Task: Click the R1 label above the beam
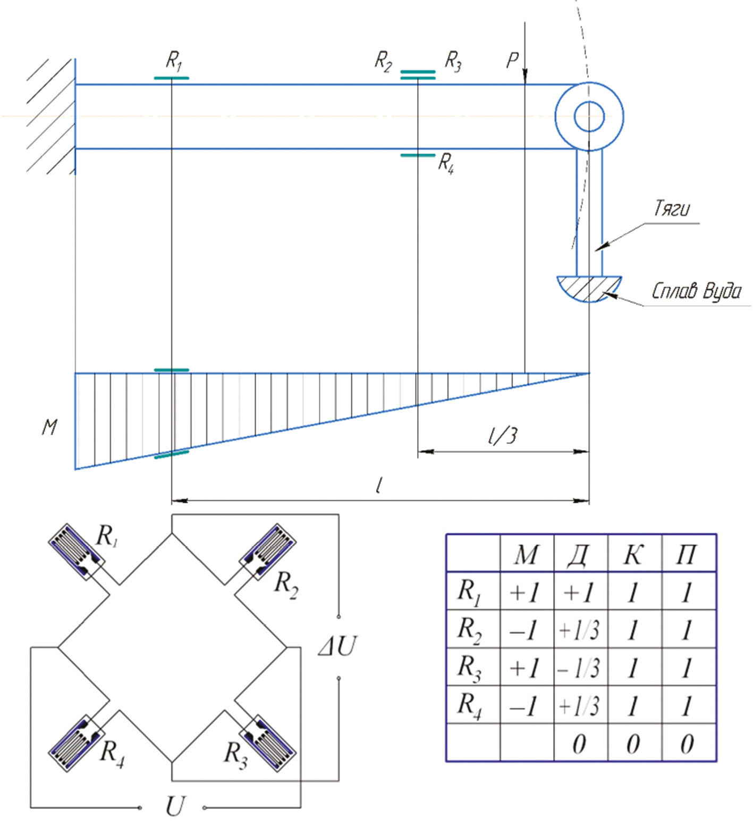(x=174, y=61)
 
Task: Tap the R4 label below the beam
(x=446, y=164)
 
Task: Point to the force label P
(x=512, y=60)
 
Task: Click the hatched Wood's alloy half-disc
(x=589, y=288)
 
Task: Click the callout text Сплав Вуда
(x=696, y=291)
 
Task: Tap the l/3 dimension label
(x=502, y=436)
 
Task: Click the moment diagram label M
(x=49, y=427)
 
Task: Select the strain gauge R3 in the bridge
(x=268, y=743)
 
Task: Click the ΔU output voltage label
(x=337, y=646)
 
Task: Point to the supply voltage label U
(x=175, y=806)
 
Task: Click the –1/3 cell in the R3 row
(x=579, y=668)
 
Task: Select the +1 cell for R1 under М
(x=525, y=592)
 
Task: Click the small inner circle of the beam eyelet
(x=589, y=116)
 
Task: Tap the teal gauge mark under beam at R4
(x=418, y=155)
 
